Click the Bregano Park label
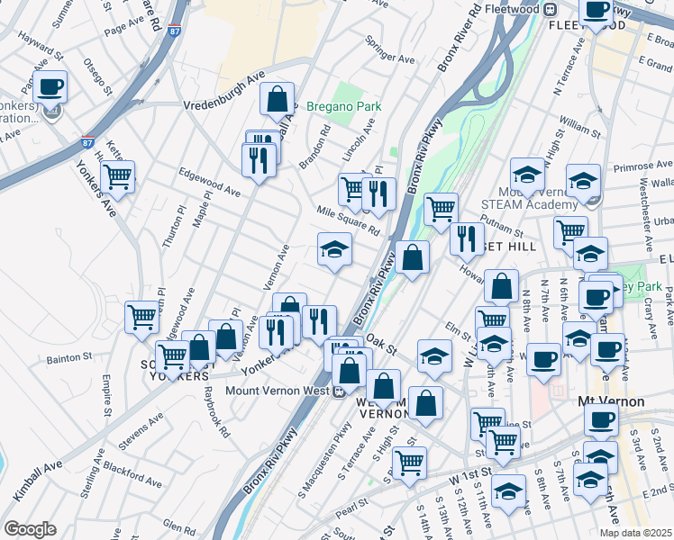343,106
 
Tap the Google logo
30,529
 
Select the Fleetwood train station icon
548,8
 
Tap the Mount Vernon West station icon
338,391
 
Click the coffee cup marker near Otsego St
50,86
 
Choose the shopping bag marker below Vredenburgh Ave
278,98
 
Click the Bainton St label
68,360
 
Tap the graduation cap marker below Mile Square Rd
334,248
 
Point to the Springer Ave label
389,50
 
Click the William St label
579,121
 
